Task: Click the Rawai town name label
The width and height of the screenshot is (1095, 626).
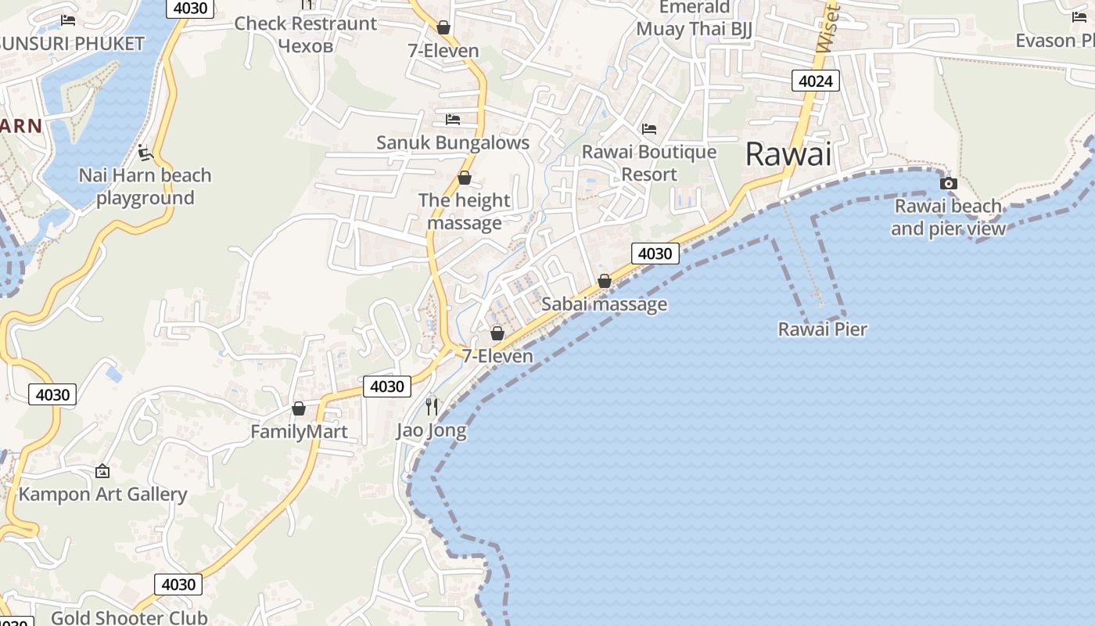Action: [x=788, y=154]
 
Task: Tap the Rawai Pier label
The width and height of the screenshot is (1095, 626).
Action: [x=822, y=329]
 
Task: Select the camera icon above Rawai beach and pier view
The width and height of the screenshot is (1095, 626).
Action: [x=948, y=184]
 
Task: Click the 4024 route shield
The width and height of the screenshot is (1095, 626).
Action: [x=815, y=81]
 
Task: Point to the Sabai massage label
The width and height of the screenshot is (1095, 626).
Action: [x=604, y=304]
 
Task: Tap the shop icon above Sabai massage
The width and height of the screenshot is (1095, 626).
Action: [x=604, y=281]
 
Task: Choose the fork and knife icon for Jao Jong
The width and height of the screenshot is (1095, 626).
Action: [x=431, y=406]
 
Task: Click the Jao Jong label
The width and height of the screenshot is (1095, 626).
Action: [x=431, y=430]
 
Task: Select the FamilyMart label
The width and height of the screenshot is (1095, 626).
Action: [x=299, y=432]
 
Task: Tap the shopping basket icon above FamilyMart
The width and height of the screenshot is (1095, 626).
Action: [x=298, y=408]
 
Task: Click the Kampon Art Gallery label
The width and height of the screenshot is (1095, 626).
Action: [x=102, y=495]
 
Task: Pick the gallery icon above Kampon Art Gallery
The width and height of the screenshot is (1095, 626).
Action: [x=102, y=471]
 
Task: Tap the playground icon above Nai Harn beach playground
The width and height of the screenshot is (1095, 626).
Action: [x=145, y=152]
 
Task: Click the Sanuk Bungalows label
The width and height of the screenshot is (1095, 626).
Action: [x=453, y=143]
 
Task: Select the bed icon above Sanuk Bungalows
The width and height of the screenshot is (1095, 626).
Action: [x=452, y=120]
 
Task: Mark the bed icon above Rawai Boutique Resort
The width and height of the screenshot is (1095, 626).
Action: [x=648, y=129]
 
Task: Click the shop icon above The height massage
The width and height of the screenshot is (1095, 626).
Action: [x=464, y=178]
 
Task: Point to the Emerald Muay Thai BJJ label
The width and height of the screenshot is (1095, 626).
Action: [x=694, y=19]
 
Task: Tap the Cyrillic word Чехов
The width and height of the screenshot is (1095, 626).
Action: [x=306, y=46]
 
